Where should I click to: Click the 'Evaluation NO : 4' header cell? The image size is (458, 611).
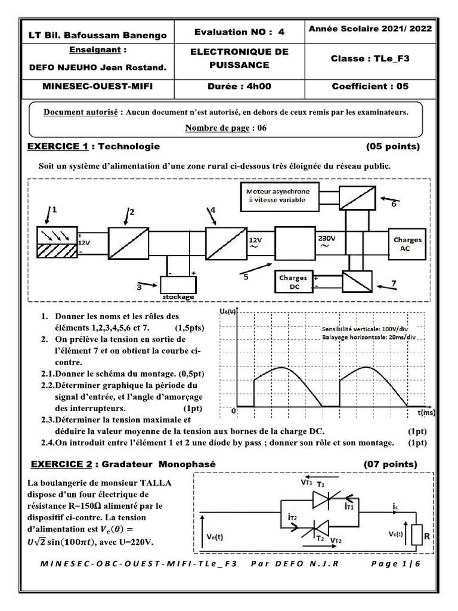[x=239, y=32]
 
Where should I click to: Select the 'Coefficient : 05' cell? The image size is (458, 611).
[x=370, y=86]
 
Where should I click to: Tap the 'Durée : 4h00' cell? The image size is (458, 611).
[x=239, y=86]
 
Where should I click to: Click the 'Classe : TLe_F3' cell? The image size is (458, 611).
[x=370, y=58]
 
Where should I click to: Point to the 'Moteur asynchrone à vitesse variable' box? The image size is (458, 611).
[x=278, y=196]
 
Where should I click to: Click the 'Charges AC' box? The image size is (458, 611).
[x=407, y=244]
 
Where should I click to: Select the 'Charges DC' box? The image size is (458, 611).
[x=293, y=282]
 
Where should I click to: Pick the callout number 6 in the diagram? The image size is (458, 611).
[x=394, y=204]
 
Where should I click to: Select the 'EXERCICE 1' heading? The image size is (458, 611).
[x=60, y=146]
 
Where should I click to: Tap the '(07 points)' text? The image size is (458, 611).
[x=391, y=464]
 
